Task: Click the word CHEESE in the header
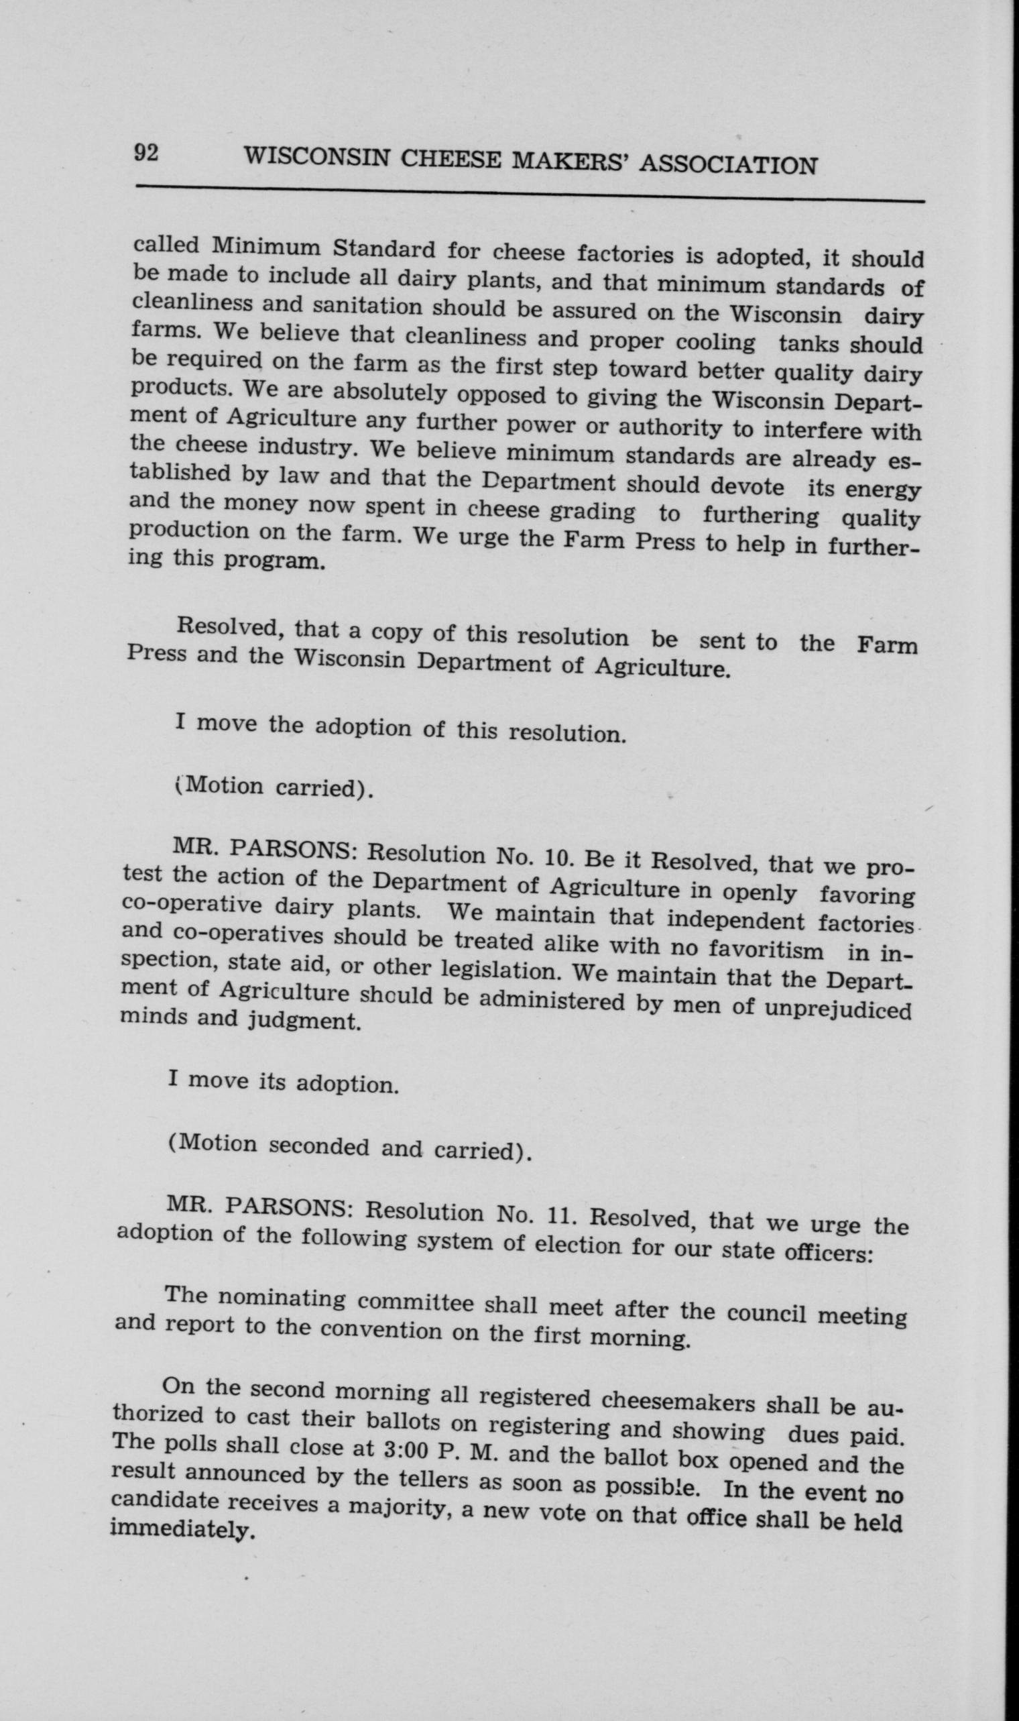(453, 161)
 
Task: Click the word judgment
(303, 1021)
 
